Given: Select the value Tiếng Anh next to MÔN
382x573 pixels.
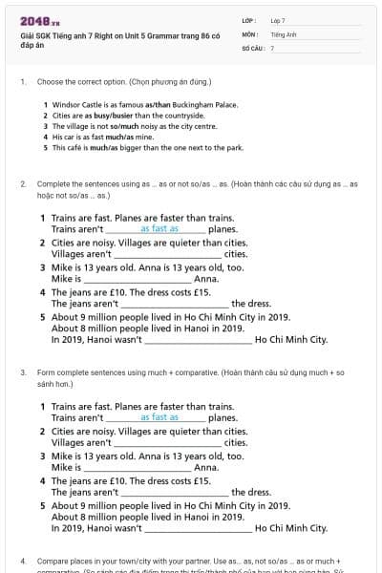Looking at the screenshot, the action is [x=284, y=33].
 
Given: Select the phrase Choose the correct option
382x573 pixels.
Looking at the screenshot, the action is [x=79, y=82].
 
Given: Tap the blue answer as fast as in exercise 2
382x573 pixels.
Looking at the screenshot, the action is [x=159, y=229].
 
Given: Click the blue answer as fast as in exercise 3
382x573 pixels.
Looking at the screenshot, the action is [x=159, y=417].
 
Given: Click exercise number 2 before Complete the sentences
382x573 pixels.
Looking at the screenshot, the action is [x=22, y=182].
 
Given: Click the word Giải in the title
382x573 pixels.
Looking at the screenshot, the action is [x=27, y=34].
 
